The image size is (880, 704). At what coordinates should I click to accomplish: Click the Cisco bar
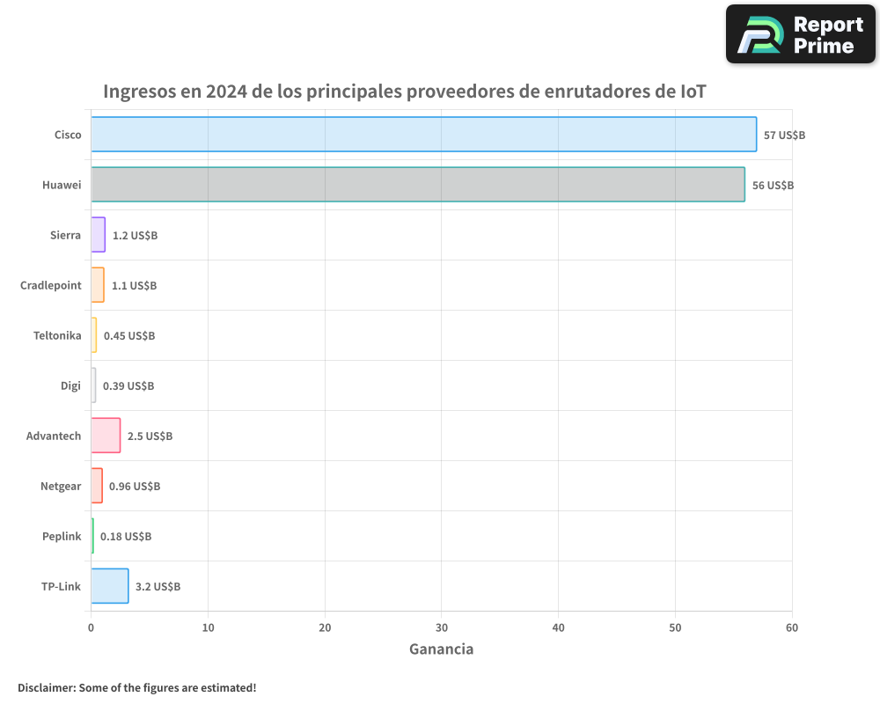click(423, 135)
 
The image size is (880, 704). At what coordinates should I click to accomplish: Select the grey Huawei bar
click(417, 185)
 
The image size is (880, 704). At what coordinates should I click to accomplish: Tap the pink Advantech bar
click(106, 436)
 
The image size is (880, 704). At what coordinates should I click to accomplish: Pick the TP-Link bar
click(110, 586)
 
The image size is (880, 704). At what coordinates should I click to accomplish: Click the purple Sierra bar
click(98, 235)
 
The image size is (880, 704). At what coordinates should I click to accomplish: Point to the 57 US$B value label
click(784, 136)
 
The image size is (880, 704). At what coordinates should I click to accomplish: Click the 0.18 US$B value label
click(126, 537)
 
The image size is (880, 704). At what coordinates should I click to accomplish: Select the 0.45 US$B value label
click(129, 336)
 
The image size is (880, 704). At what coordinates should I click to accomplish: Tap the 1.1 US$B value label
click(134, 286)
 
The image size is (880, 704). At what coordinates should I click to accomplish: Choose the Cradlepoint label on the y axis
click(51, 286)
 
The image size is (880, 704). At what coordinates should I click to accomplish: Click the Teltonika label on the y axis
click(57, 336)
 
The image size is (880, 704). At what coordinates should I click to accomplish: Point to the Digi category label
click(70, 386)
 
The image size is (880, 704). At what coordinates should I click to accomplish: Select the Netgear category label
click(61, 487)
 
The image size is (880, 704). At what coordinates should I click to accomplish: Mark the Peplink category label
click(62, 537)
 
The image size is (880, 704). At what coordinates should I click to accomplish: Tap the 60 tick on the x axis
click(792, 627)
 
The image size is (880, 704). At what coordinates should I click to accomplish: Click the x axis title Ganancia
click(441, 649)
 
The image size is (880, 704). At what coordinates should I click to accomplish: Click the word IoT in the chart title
click(693, 92)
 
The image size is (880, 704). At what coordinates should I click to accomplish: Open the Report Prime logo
click(800, 34)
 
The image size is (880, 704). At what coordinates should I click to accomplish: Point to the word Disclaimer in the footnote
click(46, 687)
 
